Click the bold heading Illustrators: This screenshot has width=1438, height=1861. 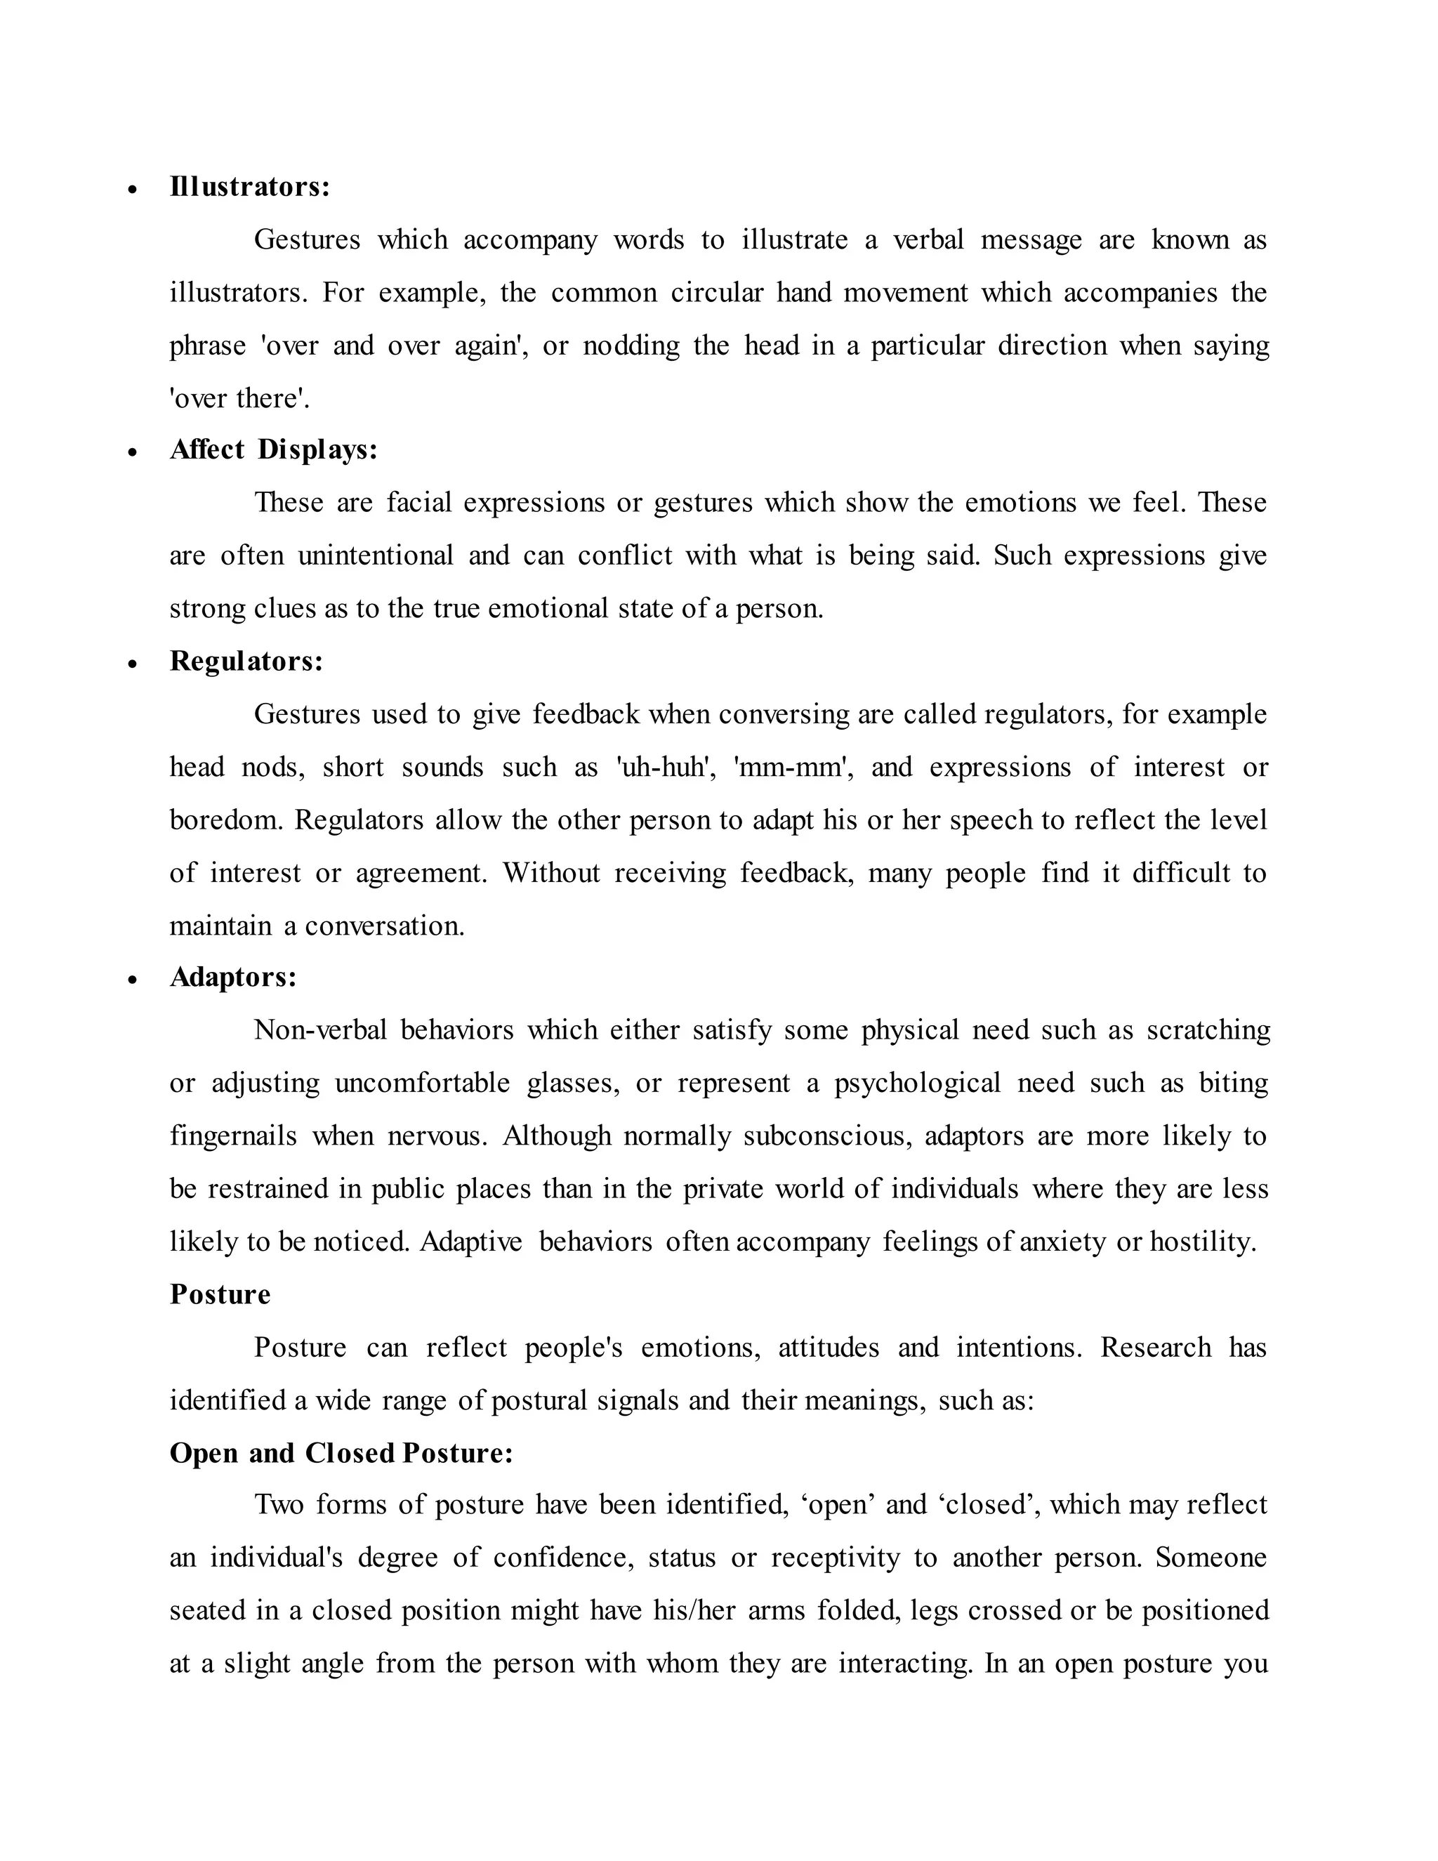tap(249, 187)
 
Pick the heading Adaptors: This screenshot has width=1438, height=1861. tap(233, 977)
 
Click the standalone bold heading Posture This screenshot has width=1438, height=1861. tap(220, 1294)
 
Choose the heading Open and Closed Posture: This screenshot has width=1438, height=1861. tap(341, 1453)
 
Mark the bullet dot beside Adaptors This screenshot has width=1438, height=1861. tap(132, 980)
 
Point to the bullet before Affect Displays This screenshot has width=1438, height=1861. tap(132, 452)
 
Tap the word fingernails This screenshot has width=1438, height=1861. tap(232, 1136)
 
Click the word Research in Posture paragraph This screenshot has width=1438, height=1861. tap(1155, 1347)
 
